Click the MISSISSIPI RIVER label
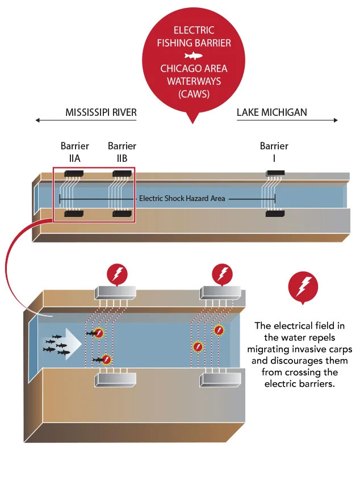click(101, 112)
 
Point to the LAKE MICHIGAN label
click(271, 112)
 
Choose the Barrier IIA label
click(75, 152)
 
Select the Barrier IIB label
click(122, 152)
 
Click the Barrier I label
click(274, 152)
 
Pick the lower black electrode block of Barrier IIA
click(75, 214)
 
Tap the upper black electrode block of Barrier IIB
click(122, 173)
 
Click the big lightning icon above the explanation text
click(303, 286)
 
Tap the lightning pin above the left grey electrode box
click(118, 275)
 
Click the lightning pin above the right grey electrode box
click(221, 274)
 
